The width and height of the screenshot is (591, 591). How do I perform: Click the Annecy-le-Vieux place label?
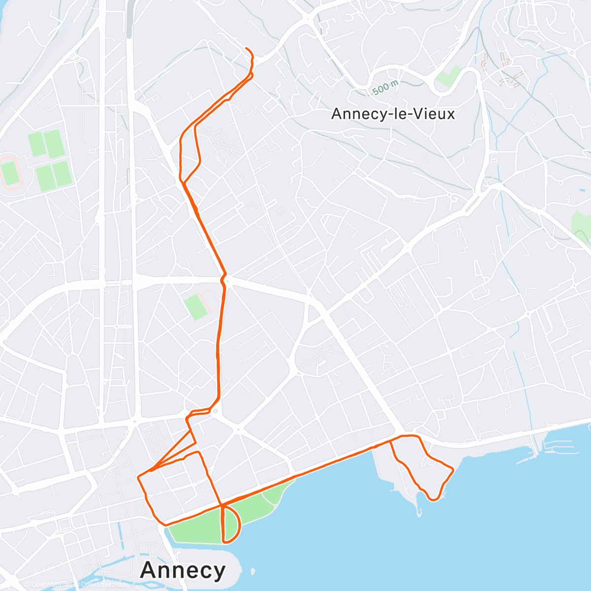coord(393,114)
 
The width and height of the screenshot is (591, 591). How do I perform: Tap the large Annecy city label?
coord(183,570)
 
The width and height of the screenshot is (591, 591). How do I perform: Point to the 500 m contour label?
coord(385,88)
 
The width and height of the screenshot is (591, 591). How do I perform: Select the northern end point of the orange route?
coord(246,48)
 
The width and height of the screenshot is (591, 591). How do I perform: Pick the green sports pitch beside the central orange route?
coord(196,306)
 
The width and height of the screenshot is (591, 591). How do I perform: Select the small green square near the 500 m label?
coord(448,76)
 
